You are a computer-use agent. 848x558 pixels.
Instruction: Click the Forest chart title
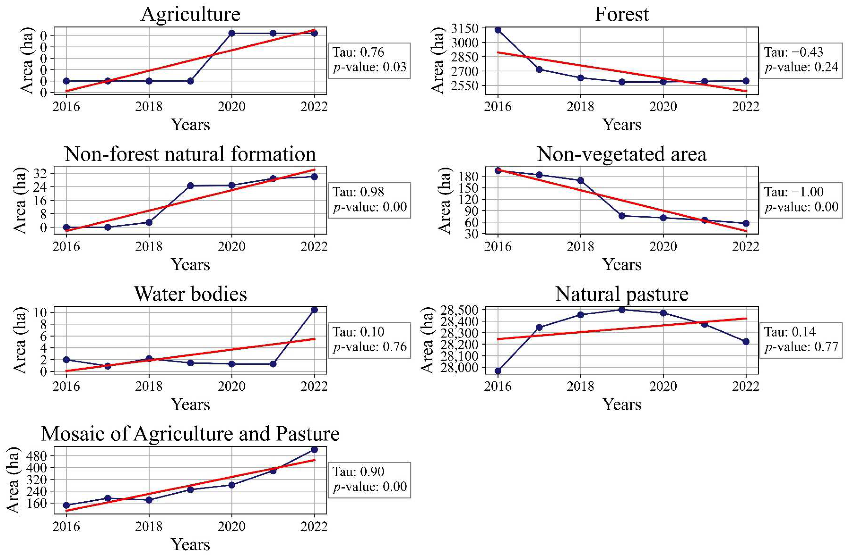tap(621, 15)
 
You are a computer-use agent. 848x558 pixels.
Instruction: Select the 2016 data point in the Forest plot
tap(498, 30)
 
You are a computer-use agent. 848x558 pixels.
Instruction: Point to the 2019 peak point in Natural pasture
tap(622, 310)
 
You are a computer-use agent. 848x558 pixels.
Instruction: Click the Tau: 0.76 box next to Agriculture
tap(369, 60)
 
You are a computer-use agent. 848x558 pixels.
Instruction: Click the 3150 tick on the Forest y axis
tap(465, 28)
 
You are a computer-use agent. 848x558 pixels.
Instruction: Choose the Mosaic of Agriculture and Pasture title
tap(190, 434)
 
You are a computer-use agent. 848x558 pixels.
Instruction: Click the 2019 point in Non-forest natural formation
tap(190, 186)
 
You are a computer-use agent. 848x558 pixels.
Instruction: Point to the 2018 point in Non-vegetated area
tap(580, 180)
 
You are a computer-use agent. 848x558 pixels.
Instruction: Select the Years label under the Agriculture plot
tap(190, 125)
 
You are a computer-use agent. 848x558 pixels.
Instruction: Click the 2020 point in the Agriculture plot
tap(232, 33)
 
